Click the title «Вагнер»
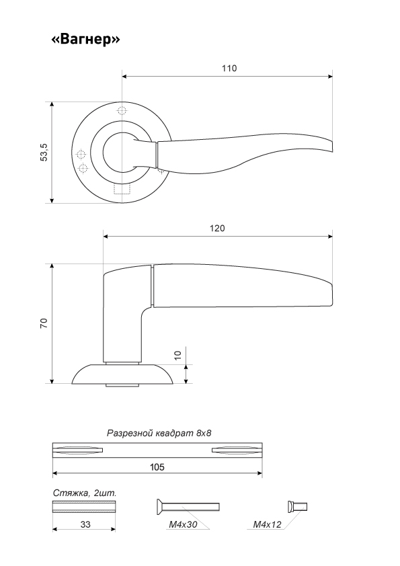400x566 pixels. (x=85, y=38)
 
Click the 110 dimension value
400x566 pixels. (x=229, y=68)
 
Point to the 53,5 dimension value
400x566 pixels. (x=44, y=152)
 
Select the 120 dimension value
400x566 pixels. (x=217, y=228)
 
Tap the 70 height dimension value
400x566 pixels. (x=44, y=323)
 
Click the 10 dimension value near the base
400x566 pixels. (x=177, y=355)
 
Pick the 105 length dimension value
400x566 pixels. (x=157, y=467)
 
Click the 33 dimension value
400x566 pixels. (x=85, y=524)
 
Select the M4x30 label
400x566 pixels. (x=183, y=524)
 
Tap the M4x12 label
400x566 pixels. (x=267, y=524)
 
